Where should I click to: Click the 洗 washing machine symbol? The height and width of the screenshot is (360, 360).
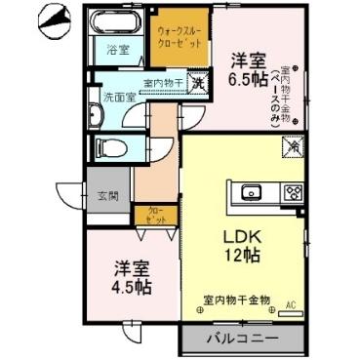point(197,84)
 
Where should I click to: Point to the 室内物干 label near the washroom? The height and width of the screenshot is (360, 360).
point(164,83)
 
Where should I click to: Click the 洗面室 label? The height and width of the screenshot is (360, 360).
point(118,99)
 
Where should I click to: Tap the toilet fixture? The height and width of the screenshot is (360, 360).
point(109,147)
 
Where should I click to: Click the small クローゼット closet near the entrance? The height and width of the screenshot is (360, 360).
point(155,215)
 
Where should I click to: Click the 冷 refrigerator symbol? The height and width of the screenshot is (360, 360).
point(291,146)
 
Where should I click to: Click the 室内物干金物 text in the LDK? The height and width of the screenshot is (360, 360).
point(236,299)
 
